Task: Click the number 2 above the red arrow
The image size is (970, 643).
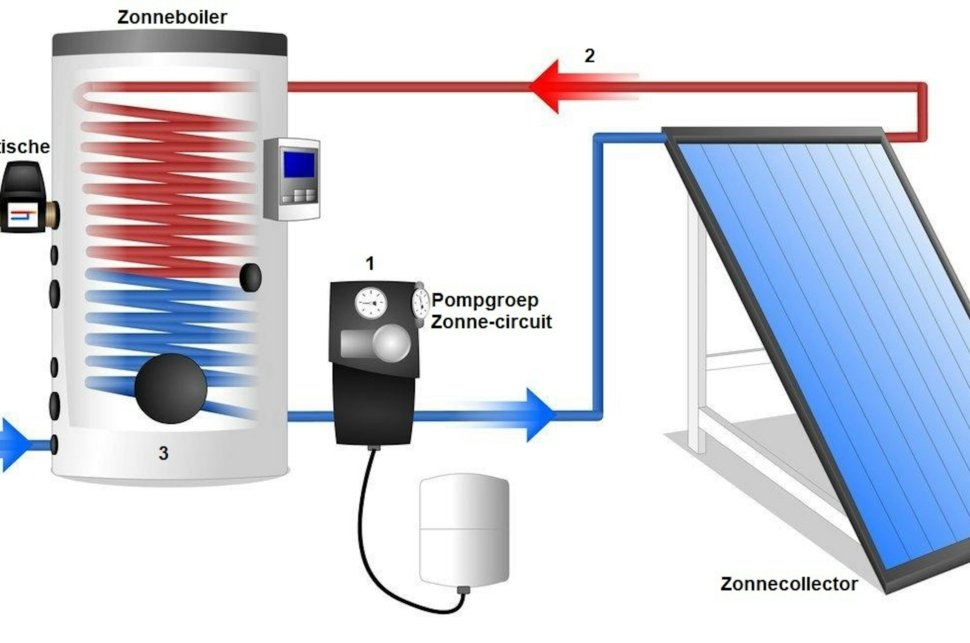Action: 589,56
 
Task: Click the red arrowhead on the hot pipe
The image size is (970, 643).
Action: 545,87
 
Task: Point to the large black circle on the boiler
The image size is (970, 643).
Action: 171,388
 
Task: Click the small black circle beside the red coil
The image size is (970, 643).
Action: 250,278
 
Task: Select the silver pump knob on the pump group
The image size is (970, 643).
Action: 391,343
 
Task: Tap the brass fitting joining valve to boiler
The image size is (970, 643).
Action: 53,214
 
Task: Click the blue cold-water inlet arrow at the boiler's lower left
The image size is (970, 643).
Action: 14,444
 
